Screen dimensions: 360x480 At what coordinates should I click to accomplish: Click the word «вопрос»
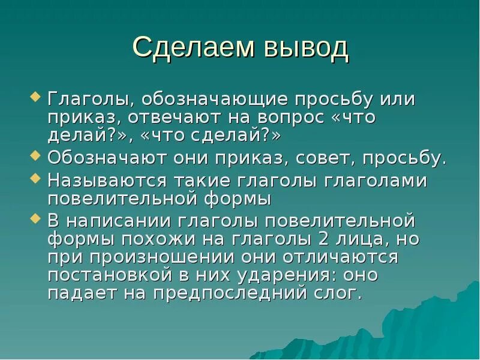click(288, 118)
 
